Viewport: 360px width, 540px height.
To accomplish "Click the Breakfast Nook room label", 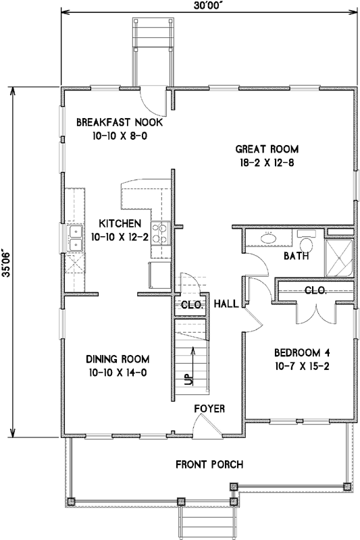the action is coord(119,122).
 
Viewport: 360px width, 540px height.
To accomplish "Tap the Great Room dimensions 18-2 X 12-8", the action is coord(267,163).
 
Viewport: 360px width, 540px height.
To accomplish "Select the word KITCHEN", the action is coord(120,223).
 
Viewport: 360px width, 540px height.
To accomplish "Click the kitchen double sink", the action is coord(76,238).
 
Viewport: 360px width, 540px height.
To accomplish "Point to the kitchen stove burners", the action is coord(161,233).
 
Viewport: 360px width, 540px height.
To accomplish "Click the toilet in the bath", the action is coord(306,242).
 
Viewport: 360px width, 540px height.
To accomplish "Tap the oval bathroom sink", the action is coord(269,238).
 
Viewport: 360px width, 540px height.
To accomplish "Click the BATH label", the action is coord(296,256).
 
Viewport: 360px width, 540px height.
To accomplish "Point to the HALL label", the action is coord(226,304).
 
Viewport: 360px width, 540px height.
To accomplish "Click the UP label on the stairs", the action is coord(188,379).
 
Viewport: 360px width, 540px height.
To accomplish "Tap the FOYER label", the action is coord(209,409).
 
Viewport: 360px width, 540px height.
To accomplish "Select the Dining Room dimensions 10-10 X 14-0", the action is coord(118,373).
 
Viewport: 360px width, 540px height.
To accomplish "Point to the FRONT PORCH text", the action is coord(209,464).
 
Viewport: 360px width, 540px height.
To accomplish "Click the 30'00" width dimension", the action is coord(209,7).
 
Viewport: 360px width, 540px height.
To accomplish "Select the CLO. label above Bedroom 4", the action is coord(315,290).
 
